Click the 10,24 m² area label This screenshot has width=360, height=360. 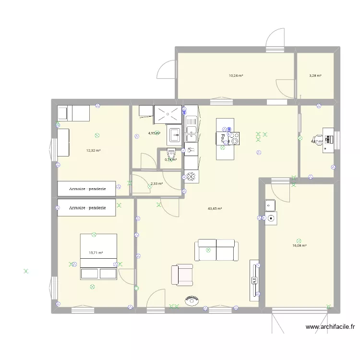tap(236, 75)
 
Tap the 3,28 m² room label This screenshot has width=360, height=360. tap(315, 75)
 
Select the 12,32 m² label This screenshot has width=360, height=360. tap(93, 150)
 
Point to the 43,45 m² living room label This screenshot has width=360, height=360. tap(215, 208)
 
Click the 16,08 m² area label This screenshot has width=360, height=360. tap(299, 245)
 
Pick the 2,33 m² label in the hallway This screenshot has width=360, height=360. tap(156, 183)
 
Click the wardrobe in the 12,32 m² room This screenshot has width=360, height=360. tap(86, 189)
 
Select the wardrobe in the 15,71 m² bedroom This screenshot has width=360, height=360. tap(86, 208)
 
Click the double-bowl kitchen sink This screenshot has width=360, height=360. tap(192, 125)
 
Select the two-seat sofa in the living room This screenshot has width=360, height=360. tap(216, 250)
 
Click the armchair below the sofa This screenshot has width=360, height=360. tap(181, 275)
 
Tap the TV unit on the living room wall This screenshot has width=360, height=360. tap(254, 280)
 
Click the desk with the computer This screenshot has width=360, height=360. tap(328, 140)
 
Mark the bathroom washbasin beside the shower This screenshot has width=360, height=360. tap(174, 136)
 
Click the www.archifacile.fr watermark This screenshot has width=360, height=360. tap(330, 327)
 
